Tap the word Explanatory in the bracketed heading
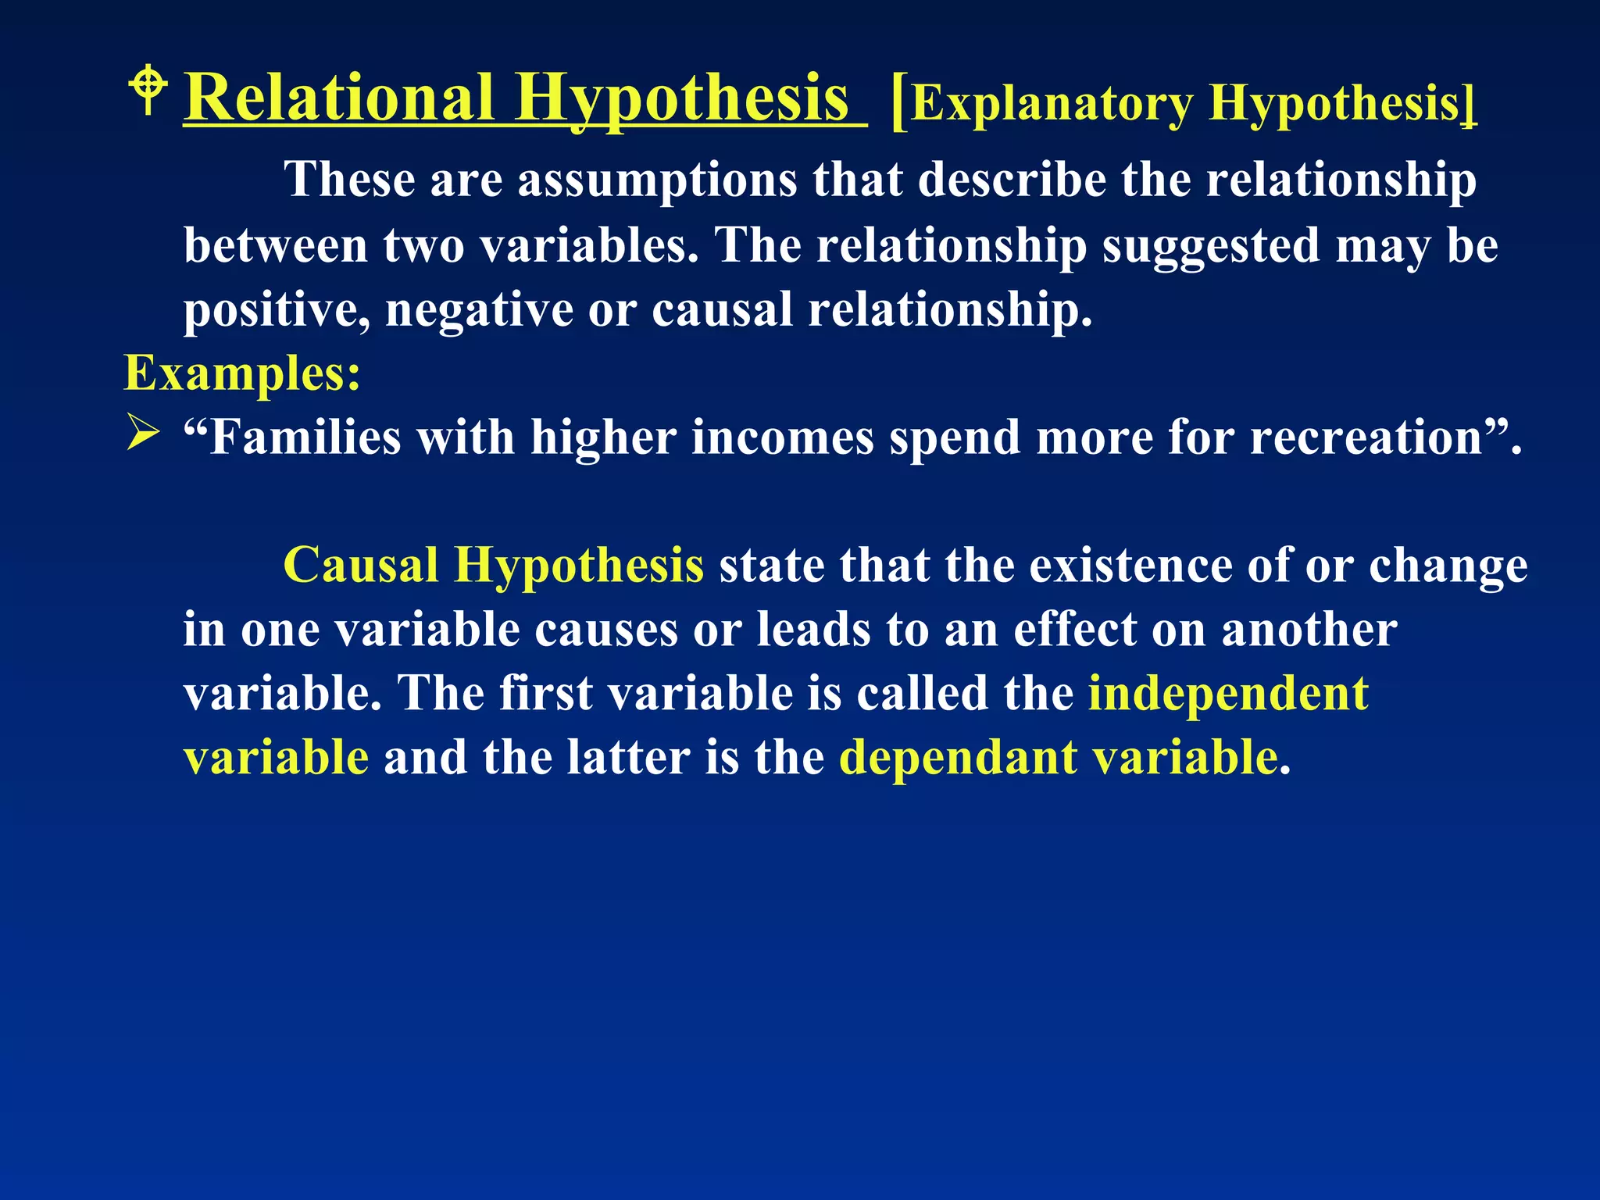tap(1052, 103)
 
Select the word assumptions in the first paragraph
tap(657, 180)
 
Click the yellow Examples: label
tap(242, 373)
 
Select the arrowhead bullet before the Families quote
tap(143, 434)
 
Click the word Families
tap(305, 437)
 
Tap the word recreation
tap(1366, 437)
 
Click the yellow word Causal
tap(360, 565)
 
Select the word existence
tap(1130, 565)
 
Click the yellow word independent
tap(1228, 694)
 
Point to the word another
tap(1309, 630)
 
